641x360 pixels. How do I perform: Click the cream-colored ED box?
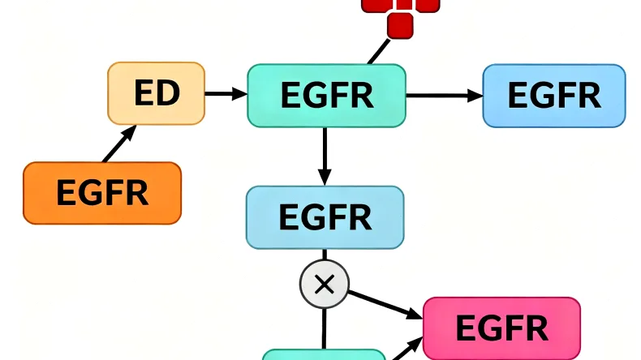[x=156, y=93]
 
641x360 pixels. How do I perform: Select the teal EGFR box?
[x=326, y=96]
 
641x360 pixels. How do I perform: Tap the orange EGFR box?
[x=102, y=193]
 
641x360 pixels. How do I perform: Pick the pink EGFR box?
[x=502, y=328]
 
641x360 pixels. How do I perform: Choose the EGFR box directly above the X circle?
[x=325, y=216]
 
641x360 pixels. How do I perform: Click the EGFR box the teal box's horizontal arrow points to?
[x=554, y=96]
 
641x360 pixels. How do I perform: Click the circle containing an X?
[x=324, y=284]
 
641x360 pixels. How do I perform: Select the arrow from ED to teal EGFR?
[x=225, y=94]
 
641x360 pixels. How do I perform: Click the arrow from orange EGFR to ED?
[x=118, y=145]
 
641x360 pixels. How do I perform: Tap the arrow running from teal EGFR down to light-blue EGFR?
[x=325, y=154]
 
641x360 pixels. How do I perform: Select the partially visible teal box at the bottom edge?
[x=324, y=355]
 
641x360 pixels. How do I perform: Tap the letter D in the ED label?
[x=167, y=94]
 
